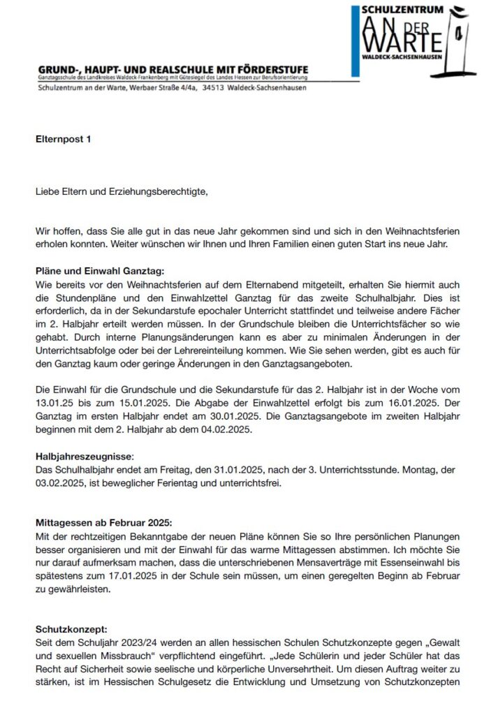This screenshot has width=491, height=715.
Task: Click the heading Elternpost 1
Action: coord(64,139)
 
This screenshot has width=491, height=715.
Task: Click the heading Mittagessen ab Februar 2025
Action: coord(101,523)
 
